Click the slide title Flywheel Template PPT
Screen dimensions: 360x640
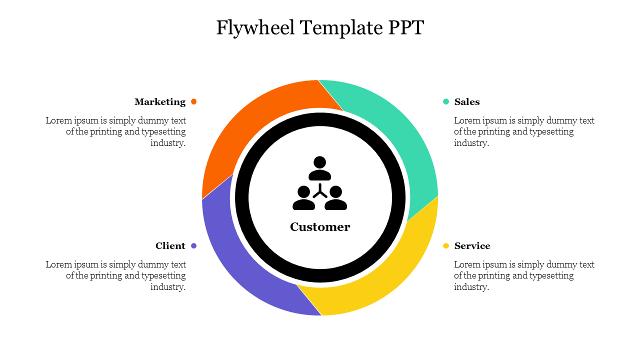[x=320, y=28]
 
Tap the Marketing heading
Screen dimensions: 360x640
[x=160, y=102]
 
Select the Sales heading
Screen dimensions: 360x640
[x=467, y=102]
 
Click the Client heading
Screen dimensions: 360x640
[x=170, y=246]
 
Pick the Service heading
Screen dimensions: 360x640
[x=472, y=246]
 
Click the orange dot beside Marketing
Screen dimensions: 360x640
[x=194, y=101]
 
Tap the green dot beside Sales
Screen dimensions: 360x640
[x=446, y=101]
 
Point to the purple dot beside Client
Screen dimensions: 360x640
[x=194, y=245]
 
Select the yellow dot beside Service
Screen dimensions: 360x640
[x=446, y=245]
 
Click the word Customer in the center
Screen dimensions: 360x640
[x=320, y=227]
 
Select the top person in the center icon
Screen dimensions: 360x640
[x=320, y=168]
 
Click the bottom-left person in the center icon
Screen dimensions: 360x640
[x=303, y=198]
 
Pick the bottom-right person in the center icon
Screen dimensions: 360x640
[x=336, y=198]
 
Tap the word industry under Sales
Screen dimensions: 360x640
[x=471, y=143]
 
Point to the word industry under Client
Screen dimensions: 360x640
[x=168, y=287]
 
